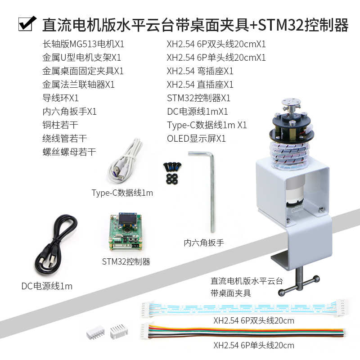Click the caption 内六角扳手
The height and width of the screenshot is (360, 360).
pyautogui.click(x=204, y=243)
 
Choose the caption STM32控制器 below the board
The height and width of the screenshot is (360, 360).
pyautogui.click(x=126, y=262)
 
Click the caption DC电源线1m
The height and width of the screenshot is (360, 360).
pyautogui.click(x=47, y=286)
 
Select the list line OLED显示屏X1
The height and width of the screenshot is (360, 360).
pyautogui.click(x=196, y=139)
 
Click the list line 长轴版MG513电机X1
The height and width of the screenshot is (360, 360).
pyautogui.click(x=83, y=44)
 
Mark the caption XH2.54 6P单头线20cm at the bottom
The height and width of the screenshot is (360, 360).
pyautogui.click(x=254, y=346)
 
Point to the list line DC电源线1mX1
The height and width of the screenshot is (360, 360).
pyautogui.click(x=198, y=112)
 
